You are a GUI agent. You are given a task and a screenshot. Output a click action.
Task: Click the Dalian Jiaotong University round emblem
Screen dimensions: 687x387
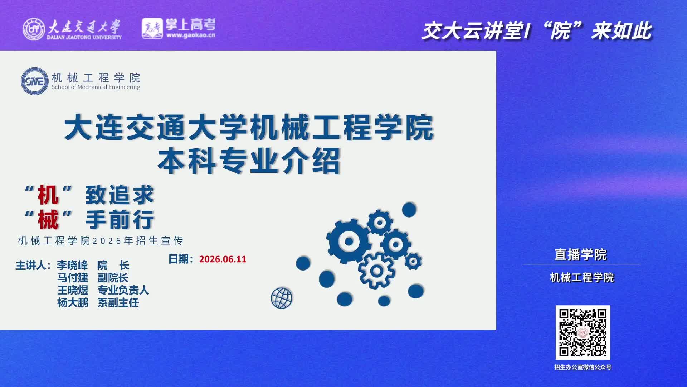coord(34,29)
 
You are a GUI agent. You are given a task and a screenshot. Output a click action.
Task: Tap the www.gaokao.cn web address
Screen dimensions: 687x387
coord(191,35)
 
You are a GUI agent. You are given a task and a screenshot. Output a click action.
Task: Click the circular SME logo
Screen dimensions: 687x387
coord(35,81)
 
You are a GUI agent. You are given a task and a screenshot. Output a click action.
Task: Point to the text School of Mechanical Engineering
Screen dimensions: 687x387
coord(96,87)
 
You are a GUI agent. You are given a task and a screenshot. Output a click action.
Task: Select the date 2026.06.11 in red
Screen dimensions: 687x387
coord(223,259)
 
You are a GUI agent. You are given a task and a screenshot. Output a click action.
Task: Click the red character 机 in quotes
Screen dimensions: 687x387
coord(48,195)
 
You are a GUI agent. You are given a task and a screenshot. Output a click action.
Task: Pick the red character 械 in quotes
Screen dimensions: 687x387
coord(48,219)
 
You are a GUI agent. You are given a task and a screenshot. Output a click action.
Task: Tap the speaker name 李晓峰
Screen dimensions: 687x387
coord(72,266)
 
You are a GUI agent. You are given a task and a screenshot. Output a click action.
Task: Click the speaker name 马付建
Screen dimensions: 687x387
coord(73,278)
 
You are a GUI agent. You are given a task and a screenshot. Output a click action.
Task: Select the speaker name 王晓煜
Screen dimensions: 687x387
coord(73,290)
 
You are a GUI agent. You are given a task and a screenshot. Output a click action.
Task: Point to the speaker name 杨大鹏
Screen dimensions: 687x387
coord(73,302)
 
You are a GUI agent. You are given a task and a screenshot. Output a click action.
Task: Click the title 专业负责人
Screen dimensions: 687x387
coord(123,290)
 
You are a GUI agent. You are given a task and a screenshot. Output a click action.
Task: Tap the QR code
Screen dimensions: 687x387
coord(583,333)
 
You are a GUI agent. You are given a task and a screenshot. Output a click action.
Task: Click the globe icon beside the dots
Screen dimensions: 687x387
coord(282,298)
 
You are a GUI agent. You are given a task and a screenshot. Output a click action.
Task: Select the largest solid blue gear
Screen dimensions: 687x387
coord(348,241)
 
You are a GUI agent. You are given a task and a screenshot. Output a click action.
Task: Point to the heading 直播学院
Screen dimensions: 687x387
coord(581,255)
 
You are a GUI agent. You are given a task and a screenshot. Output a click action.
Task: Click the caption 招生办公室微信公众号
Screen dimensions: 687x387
coord(583,367)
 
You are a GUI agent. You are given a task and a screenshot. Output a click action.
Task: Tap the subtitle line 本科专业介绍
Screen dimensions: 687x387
coord(249,161)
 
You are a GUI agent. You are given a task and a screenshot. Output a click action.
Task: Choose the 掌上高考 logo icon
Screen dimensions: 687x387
coord(152,28)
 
